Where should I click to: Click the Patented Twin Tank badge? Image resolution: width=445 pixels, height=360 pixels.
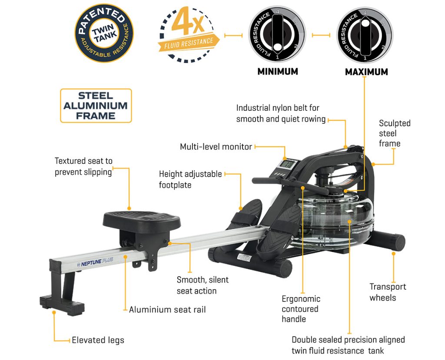click(x=104, y=33)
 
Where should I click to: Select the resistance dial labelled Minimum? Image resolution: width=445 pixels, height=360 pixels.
click(x=277, y=34)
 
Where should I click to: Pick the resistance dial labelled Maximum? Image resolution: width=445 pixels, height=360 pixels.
click(x=365, y=34)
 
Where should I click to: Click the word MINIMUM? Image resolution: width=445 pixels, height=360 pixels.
click(x=278, y=72)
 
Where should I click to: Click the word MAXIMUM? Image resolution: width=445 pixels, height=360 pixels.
click(x=366, y=72)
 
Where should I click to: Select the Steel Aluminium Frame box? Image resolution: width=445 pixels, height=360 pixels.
click(x=96, y=106)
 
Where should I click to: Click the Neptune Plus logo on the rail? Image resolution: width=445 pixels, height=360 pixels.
click(x=95, y=262)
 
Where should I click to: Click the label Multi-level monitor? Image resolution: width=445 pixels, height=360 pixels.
click(x=216, y=147)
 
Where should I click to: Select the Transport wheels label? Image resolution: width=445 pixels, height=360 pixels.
click(x=388, y=292)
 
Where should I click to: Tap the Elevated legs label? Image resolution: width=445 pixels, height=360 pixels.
click(x=98, y=340)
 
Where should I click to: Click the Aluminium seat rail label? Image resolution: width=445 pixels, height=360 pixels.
click(x=167, y=310)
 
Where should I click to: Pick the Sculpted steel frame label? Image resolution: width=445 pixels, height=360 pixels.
click(x=395, y=133)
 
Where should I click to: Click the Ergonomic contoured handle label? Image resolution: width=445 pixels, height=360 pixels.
click(x=301, y=309)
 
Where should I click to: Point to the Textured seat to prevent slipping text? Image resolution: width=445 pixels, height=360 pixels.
click(x=83, y=166)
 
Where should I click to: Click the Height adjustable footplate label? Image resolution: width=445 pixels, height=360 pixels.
click(x=190, y=179)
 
